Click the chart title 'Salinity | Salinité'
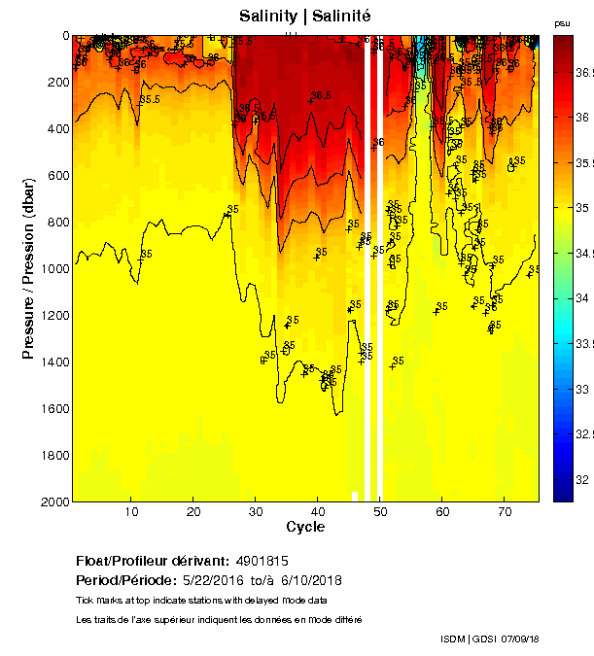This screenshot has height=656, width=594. tap(305, 17)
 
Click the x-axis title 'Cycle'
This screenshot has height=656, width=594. tap(305, 527)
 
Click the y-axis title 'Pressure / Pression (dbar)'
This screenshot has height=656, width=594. tap(28, 268)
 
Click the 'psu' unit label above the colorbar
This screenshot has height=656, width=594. tap(562, 21)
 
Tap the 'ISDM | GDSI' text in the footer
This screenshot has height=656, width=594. tap(468, 639)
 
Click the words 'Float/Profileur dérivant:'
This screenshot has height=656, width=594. tap(153, 561)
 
